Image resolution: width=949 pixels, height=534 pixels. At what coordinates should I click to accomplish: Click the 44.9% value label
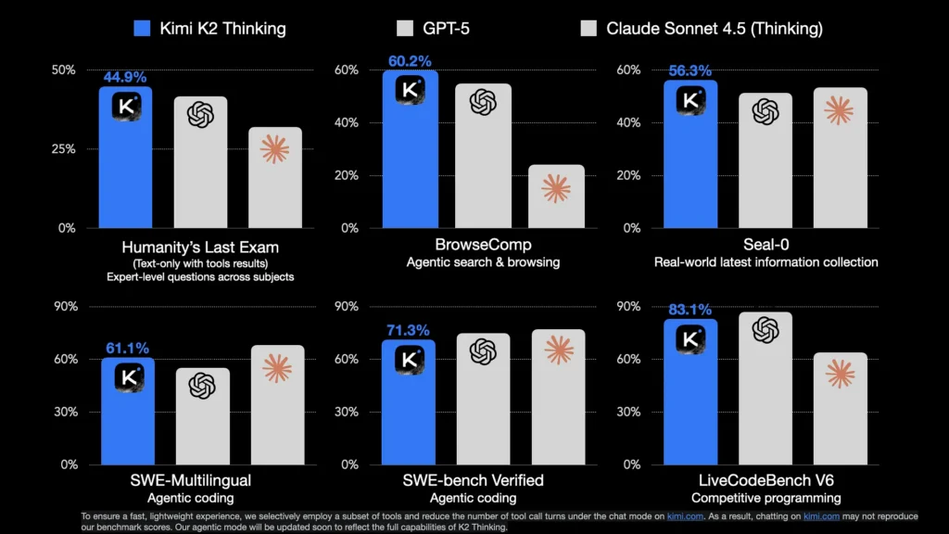pos(125,77)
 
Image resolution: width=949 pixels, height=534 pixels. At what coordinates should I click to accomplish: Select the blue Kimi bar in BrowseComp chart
pos(411,158)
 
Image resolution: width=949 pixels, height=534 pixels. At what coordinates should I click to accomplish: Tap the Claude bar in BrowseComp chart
pos(556,197)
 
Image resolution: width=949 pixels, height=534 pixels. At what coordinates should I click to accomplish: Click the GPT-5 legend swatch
pos(404,28)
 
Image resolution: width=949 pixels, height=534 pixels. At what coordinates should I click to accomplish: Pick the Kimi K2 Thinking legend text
pos(223,28)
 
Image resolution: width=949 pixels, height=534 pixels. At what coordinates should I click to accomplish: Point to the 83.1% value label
pos(690,310)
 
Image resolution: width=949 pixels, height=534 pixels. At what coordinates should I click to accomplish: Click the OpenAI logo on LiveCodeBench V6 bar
pos(766,330)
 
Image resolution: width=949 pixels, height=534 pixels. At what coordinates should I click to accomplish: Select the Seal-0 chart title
pos(765,246)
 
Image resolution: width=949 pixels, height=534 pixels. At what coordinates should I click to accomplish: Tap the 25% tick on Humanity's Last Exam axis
pos(63,148)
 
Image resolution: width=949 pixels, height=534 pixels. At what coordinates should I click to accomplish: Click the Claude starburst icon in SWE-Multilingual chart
pos(276,368)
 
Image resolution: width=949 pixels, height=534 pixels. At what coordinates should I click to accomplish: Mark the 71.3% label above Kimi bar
pos(409,331)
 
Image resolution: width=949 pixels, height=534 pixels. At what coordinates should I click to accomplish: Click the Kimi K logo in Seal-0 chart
pos(690,100)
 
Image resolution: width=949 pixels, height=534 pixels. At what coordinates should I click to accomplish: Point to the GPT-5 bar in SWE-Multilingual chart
pos(201,417)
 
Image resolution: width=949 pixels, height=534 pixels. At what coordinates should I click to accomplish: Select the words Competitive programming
pos(766,498)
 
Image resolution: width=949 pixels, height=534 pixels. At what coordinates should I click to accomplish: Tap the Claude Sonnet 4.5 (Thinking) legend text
pos(715,28)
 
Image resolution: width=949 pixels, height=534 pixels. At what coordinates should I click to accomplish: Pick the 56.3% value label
pos(690,70)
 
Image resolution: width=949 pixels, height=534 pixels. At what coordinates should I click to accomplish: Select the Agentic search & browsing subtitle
pos(483,262)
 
